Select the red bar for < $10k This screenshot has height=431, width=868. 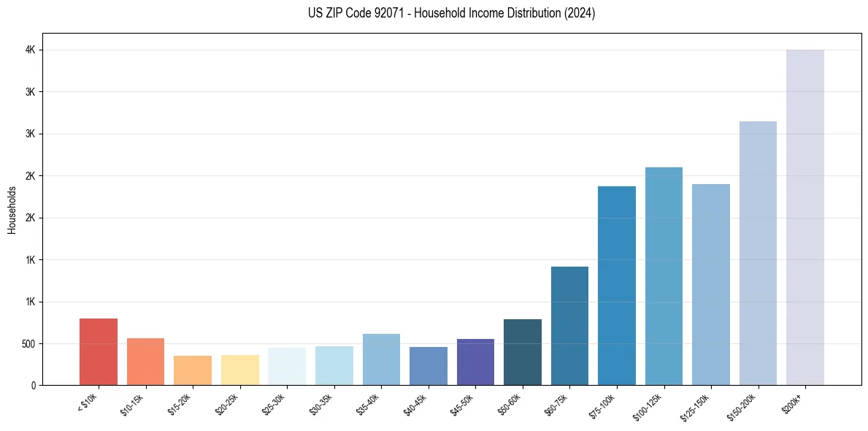[x=99, y=351]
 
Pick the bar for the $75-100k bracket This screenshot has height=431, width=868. [x=617, y=286]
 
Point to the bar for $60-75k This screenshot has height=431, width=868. [x=569, y=326]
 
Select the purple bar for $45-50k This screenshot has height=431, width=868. [x=475, y=362]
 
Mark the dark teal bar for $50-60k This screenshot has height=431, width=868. [x=523, y=352]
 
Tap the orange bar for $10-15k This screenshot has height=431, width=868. [x=145, y=362]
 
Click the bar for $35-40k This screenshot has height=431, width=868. [x=381, y=359]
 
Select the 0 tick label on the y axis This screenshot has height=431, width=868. [x=34, y=386]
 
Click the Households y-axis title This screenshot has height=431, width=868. [x=12, y=210]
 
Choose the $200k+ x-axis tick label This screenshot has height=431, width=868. [x=793, y=402]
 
